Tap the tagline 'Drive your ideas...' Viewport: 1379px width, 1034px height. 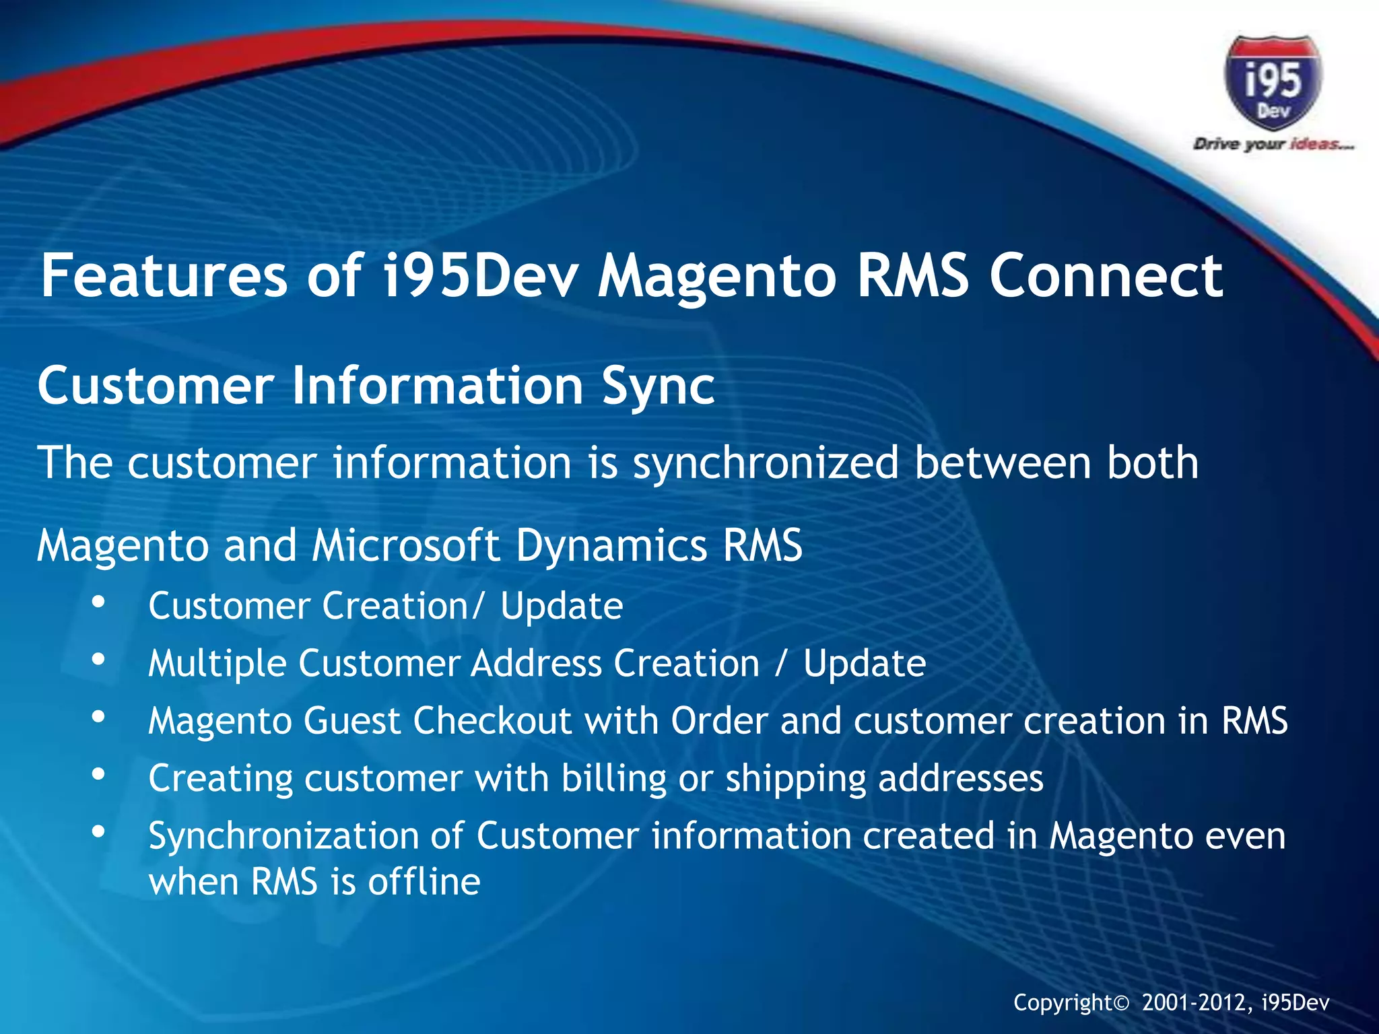click(x=1273, y=144)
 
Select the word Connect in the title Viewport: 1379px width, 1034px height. click(x=1106, y=276)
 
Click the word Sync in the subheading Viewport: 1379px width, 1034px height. click(x=658, y=386)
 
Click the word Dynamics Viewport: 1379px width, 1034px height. click(x=611, y=545)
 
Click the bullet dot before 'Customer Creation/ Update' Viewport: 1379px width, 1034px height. click(x=99, y=602)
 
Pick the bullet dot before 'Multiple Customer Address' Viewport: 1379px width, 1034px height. click(x=99, y=660)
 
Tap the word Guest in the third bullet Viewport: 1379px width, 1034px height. click(x=352, y=721)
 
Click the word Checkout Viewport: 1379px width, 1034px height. click(x=492, y=721)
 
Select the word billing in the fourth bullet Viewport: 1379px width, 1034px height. click(x=613, y=779)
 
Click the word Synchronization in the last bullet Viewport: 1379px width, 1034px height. click(x=283, y=837)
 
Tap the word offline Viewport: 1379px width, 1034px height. click(x=424, y=882)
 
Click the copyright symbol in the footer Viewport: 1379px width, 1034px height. click(x=1120, y=1004)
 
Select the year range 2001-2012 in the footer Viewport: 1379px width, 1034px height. click(x=1196, y=1003)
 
